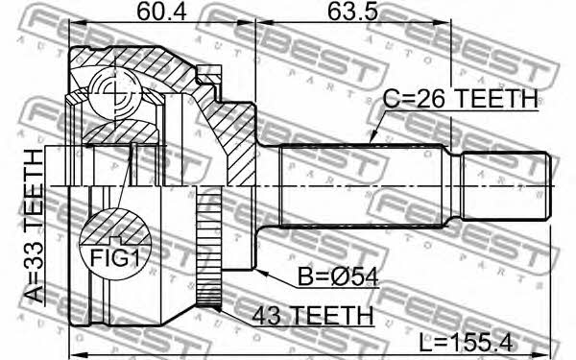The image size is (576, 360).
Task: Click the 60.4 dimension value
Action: coord(161,12)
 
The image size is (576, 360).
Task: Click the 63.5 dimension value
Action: coord(352,12)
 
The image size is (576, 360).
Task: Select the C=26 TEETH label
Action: coord(460,99)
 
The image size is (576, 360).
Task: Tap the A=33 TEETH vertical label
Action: coord(34,226)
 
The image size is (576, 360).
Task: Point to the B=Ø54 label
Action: coord(338,276)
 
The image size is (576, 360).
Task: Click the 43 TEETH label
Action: coord(312,315)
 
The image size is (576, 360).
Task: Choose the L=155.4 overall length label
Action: coord(466,343)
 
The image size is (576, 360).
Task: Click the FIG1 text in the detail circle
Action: coord(115,258)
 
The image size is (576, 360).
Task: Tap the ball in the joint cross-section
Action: coord(114,93)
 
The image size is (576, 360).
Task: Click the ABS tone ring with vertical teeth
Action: coord(209,246)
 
